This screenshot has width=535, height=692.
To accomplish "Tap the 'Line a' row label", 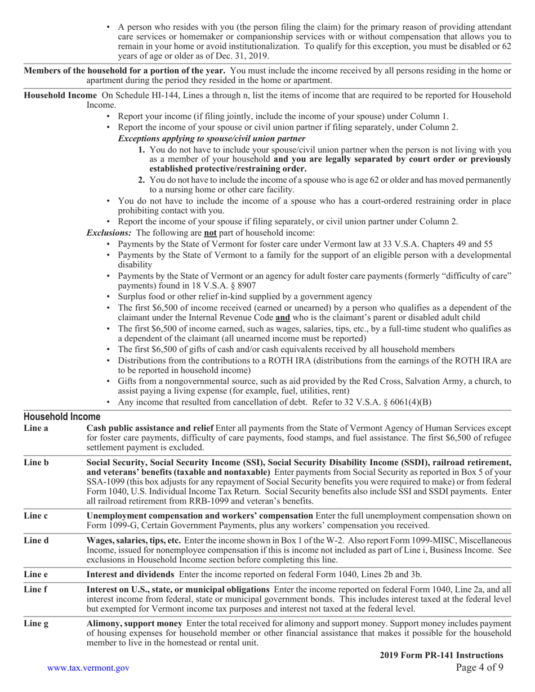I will (x=35, y=428).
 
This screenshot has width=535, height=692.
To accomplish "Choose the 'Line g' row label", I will (x=36, y=623).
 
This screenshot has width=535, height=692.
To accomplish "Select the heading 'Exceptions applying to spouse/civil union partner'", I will (x=212, y=138).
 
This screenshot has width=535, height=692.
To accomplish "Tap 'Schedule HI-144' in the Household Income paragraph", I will (x=148, y=96).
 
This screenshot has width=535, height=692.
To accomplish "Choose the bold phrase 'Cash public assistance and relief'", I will (x=150, y=428).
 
